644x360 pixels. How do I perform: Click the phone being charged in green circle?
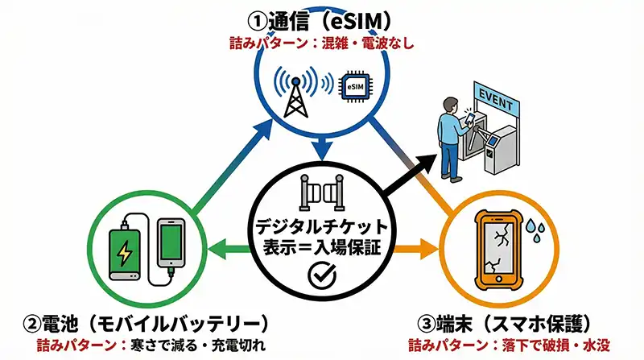pyautogui.click(x=172, y=242)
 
